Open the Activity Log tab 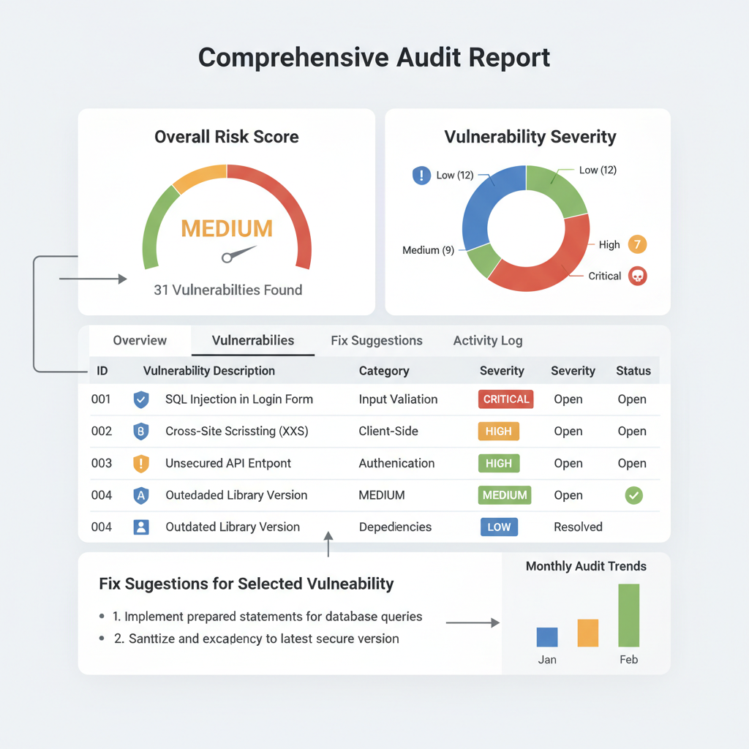point(487,341)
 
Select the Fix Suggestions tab point(376,341)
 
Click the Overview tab point(140,341)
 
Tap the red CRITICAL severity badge point(505,399)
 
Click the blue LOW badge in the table point(499,527)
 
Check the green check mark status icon point(633,495)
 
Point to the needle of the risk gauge point(238,254)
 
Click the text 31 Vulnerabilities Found point(227,290)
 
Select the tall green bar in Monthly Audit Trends point(628,615)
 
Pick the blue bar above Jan point(547,637)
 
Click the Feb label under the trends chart point(628,660)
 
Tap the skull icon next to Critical point(638,276)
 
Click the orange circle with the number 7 point(638,244)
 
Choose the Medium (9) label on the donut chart point(428,250)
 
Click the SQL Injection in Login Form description point(238,399)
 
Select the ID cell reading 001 point(102,399)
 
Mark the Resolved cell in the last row point(578,527)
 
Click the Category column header point(384,371)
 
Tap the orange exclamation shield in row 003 point(141,463)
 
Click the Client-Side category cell point(388,432)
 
